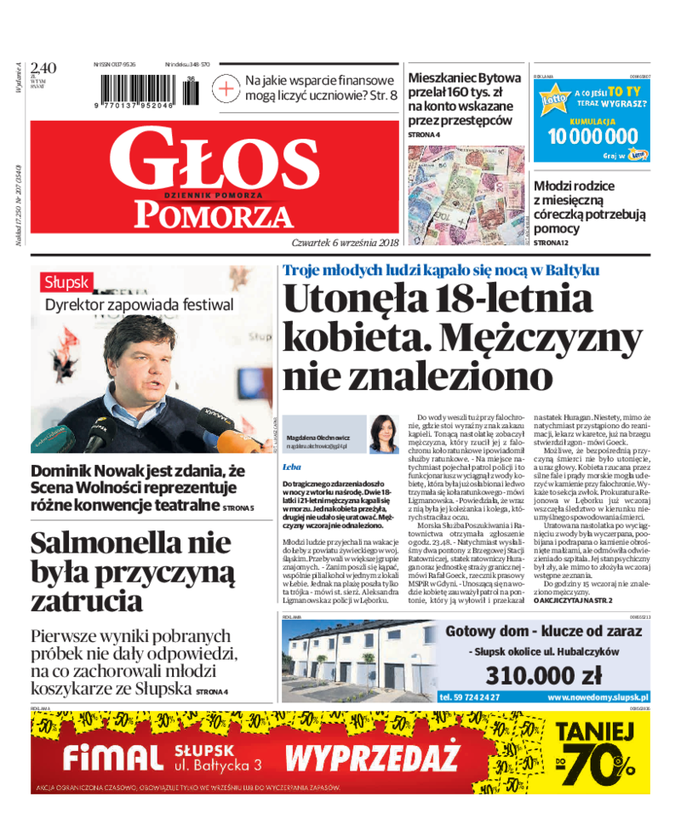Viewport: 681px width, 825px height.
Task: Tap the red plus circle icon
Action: pos(226,89)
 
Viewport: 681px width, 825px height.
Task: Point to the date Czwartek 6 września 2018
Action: pos(344,242)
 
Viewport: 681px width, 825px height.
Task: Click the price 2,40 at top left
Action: pos(43,68)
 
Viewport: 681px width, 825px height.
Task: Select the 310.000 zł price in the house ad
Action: pos(543,675)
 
